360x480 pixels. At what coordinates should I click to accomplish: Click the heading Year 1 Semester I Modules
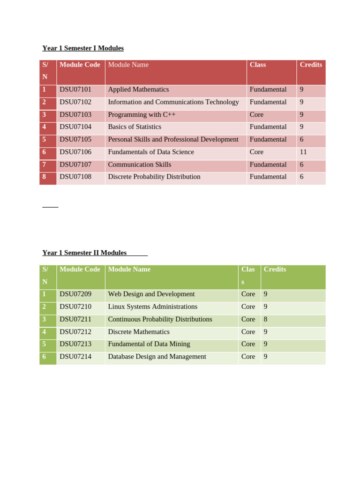coord(83,48)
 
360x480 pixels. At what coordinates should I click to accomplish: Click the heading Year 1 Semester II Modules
coord(84,253)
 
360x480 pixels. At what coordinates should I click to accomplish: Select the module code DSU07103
coord(75,114)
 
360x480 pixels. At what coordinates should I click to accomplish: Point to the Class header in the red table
coord(258,65)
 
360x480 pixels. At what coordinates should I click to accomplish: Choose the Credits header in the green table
coord(275,269)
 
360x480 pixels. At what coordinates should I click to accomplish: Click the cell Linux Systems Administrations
coord(152,307)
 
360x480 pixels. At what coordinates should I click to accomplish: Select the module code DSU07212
coord(75,332)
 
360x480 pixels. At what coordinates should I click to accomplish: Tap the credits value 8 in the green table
coord(266,319)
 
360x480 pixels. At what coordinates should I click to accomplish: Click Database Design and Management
coord(157,357)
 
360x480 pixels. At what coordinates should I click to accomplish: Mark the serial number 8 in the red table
coord(44,177)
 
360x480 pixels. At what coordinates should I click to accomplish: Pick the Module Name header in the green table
coord(129,269)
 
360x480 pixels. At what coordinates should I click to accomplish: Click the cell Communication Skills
coord(140,165)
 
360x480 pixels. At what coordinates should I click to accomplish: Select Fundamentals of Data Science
coord(151,152)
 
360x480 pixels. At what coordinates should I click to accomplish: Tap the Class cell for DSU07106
coord(256,152)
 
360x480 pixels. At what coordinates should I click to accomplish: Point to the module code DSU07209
coord(75,294)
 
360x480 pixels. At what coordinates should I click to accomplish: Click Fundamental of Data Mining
coord(149,344)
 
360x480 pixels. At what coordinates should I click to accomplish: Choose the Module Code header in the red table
coord(80,65)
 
